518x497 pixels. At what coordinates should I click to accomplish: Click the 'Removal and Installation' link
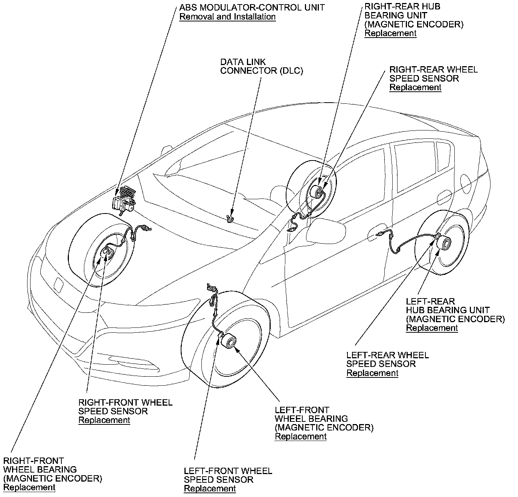click(227, 17)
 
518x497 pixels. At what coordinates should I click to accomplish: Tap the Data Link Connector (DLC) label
click(261, 66)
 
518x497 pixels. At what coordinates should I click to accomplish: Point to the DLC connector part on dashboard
click(230, 218)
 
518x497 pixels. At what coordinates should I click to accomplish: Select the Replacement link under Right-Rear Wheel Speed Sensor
click(415, 87)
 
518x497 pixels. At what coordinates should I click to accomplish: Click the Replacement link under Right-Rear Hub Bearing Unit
click(390, 33)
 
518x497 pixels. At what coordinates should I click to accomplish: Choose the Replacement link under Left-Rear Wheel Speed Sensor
click(372, 373)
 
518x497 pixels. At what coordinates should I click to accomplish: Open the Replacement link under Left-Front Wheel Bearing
click(301, 436)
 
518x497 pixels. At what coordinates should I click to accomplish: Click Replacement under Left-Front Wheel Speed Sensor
click(210, 489)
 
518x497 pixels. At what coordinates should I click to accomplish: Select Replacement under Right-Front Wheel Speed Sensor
click(104, 420)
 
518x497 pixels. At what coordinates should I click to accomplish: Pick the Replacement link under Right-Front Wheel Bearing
click(29, 488)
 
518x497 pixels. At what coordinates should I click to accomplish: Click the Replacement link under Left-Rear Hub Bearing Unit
click(432, 328)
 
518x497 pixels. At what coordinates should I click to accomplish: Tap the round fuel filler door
click(466, 184)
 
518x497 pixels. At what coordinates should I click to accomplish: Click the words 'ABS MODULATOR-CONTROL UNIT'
click(252, 8)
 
